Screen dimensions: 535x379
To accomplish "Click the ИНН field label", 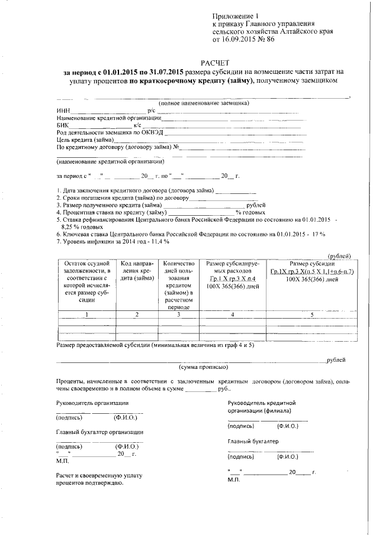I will pyautogui.click(x=63, y=111).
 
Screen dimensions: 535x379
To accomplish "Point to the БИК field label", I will pyautogui.click(x=63, y=125).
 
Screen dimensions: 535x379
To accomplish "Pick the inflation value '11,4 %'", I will pyautogui.click(x=157, y=241).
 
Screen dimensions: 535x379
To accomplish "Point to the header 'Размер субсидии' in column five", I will pyautogui.click(x=311, y=263).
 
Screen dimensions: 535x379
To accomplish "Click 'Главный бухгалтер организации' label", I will pyautogui.click(x=99, y=432).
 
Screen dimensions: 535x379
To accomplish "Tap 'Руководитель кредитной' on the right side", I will pyautogui.click(x=261, y=402).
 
